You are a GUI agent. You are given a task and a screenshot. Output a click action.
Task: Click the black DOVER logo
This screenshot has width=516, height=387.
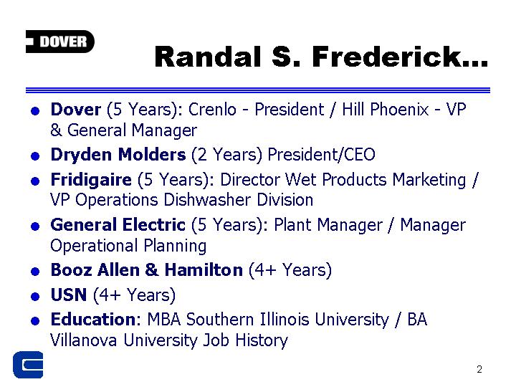pyautogui.click(x=60, y=42)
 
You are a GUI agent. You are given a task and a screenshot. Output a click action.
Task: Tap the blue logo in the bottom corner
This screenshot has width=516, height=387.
pyautogui.click(x=28, y=365)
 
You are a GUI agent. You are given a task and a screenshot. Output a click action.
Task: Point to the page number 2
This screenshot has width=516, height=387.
pyautogui.click(x=479, y=369)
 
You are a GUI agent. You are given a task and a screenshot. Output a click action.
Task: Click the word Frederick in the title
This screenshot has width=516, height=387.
pyautogui.click(x=400, y=57)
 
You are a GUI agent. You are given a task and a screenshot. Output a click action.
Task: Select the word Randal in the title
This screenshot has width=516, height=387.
pyautogui.click(x=208, y=57)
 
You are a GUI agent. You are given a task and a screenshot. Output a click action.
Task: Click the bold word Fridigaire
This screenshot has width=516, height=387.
pyautogui.click(x=91, y=180)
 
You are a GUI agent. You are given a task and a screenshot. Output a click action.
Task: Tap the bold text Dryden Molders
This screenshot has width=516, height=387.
pyautogui.click(x=118, y=154)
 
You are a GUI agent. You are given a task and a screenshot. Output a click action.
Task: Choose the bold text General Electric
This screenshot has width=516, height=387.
pyautogui.click(x=118, y=225)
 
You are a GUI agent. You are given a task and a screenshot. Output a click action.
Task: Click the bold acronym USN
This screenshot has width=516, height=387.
pyautogui.click(x=69, y=295)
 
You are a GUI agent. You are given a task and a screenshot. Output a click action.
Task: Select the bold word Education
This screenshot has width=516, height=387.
pyautogui.click(x=93, y=319)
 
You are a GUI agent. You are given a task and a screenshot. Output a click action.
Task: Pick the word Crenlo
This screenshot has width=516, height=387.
pyautogui.click(x=212, y=109)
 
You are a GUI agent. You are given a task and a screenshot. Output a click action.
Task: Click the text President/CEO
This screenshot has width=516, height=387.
pyautogui.click(x=321, y=154)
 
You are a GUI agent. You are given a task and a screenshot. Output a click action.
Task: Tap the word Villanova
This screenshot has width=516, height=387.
pyautogui.click(x=83, y=340)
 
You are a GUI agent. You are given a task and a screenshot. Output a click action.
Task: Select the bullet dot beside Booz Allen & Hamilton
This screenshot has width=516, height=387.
pyautogui.click(x=35, y=272)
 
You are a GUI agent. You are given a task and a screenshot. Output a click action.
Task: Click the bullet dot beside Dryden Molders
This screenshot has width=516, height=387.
pyautogui.click(x=35, y=156)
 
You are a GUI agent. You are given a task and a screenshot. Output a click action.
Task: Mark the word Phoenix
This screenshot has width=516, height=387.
pyautogui.click(x=399, y=109)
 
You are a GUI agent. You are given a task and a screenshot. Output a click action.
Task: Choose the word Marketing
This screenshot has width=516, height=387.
pyautogui.click(x=429, y=180)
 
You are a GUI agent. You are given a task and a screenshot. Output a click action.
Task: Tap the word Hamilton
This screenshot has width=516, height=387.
pyautogui.click(x=204, y=270)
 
